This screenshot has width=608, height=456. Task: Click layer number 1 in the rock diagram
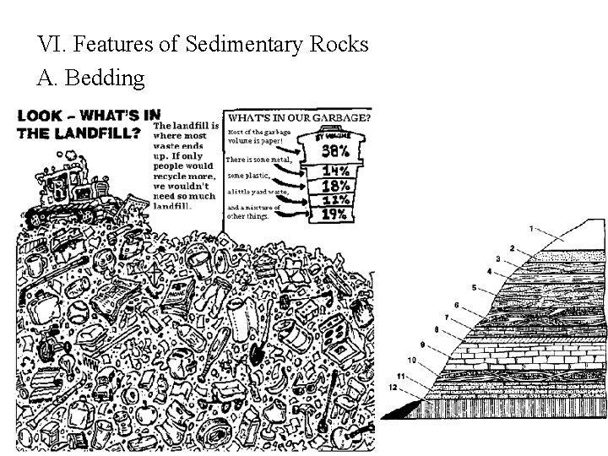tap(531, 229)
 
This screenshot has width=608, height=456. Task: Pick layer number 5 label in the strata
tap(475, 288)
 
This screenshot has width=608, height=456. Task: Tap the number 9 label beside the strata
tap(423, 345)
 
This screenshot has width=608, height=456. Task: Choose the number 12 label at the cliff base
tap(393, 386)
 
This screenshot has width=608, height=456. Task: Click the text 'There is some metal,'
tap(258, 160)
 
